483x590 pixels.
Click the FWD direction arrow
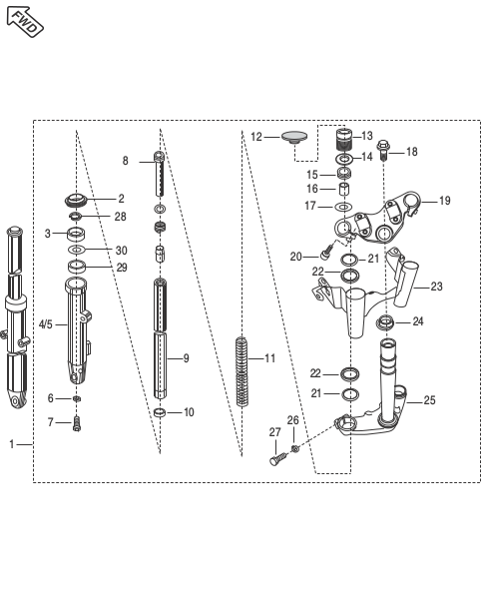pos(25,21)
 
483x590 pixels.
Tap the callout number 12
pos(256,137)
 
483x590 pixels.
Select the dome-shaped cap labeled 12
pos(294,137)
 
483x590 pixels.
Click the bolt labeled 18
pos(383,151)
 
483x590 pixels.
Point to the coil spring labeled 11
pos(241,371)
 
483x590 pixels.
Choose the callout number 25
pos(429,400)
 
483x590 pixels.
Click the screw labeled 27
pos(278,459)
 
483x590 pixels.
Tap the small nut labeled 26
pos(295,448)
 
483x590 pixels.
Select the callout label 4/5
pos(46,324)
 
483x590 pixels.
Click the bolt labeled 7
pos(77,423)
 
